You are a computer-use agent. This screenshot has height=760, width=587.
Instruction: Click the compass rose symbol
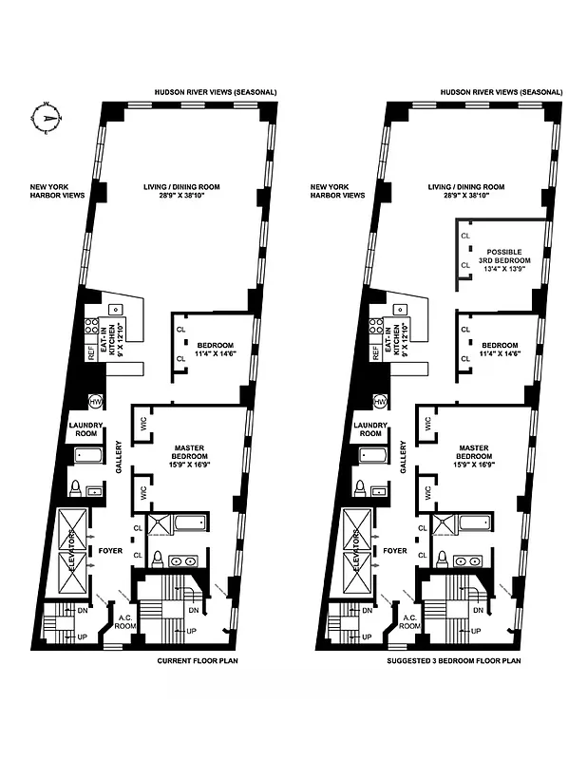[x=46, y=119]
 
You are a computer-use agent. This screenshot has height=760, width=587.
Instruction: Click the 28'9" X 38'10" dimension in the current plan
[x=188, y=197]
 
